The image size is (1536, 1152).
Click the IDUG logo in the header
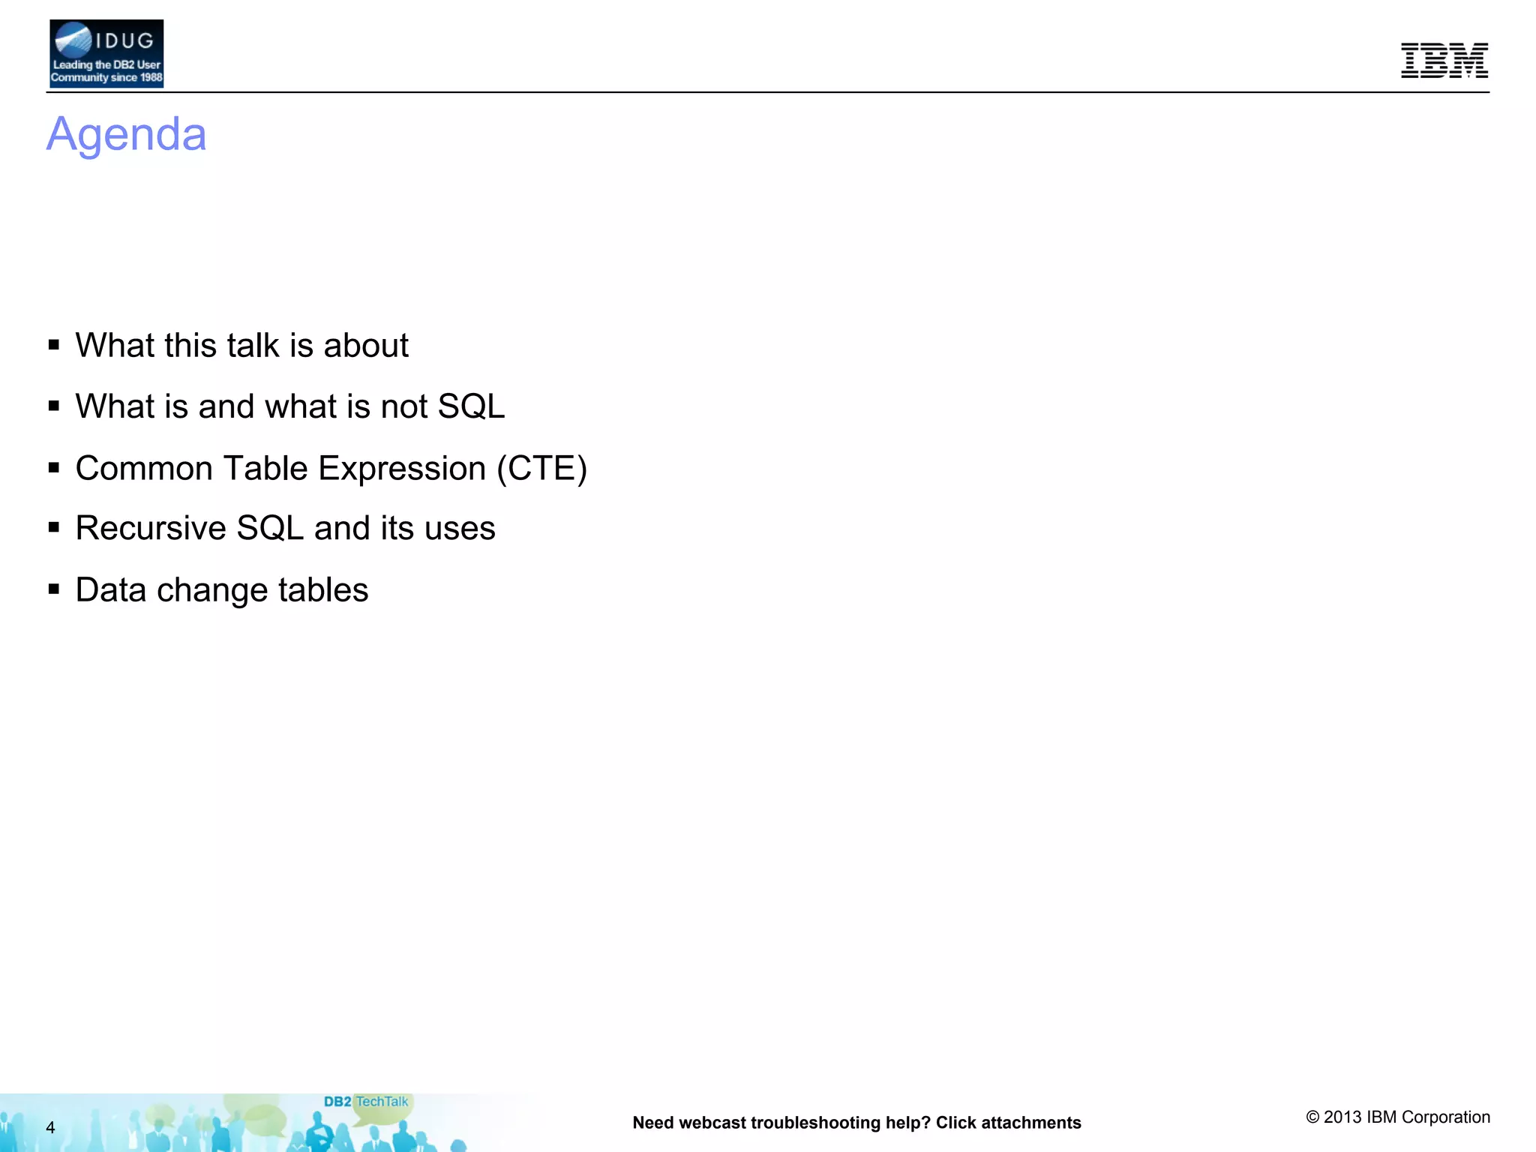coord(106,54)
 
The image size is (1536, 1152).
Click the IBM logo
coord(1444,61)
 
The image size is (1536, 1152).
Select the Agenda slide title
coord(126,134)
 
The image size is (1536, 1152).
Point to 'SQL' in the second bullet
coord(471,406)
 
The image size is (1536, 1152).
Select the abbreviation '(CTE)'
coord(541,469)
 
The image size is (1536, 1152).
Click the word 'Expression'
coord(402,469)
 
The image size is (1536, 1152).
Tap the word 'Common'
coord(145,469)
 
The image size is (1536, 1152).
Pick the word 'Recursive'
coord(151,529)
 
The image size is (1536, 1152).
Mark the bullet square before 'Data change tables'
coord(54,589)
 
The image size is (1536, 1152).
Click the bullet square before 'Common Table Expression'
coord(54,468)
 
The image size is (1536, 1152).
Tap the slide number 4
coord(50,1127)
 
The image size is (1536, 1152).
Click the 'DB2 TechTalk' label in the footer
coord(366,1102)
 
